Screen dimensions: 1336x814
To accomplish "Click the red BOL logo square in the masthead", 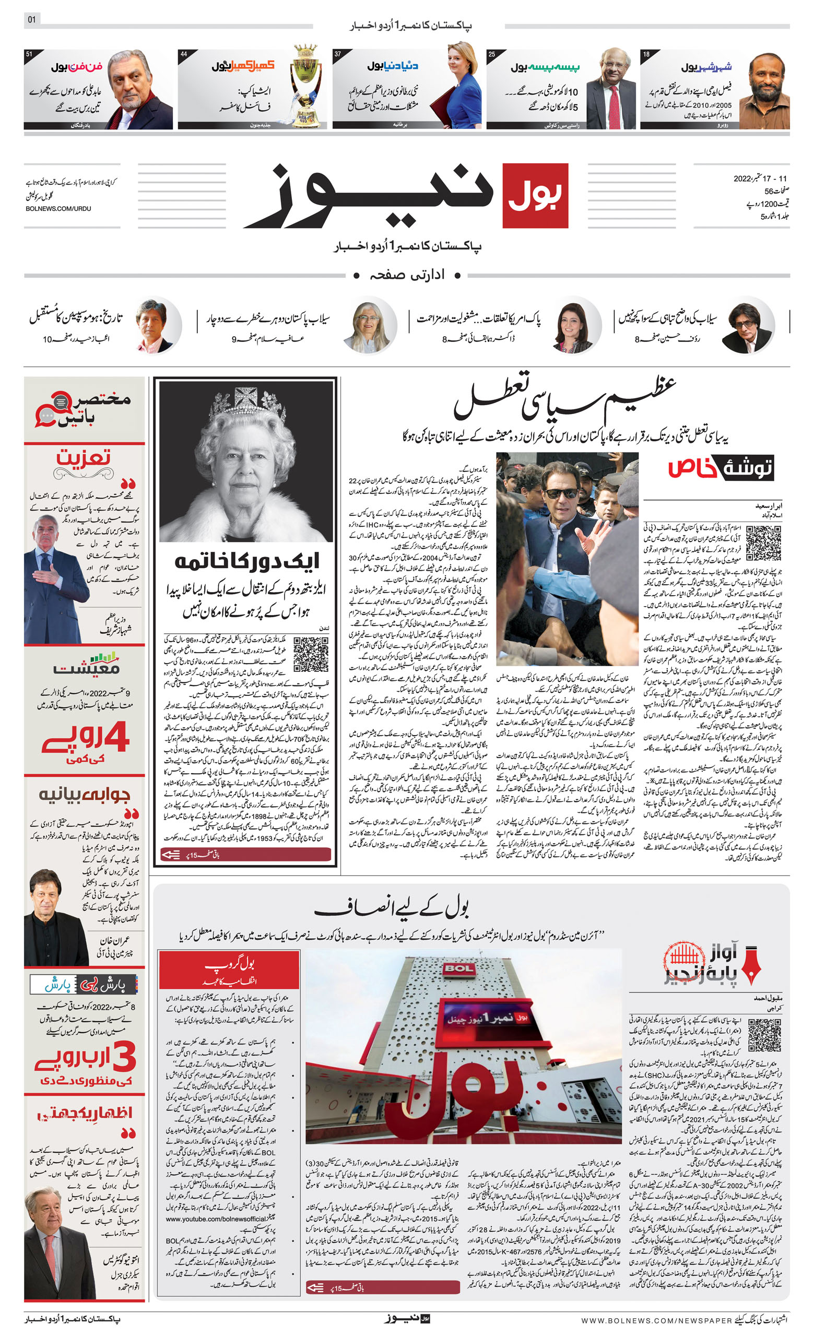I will click(x=535, y=195).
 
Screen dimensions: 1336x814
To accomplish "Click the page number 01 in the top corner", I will click(x=32, y=19).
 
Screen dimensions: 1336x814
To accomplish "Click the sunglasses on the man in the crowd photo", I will click(x=561, y=493).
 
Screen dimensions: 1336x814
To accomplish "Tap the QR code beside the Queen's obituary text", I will click(x=311, y=655).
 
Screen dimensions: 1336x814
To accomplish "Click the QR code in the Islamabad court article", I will click(x=763, y=543).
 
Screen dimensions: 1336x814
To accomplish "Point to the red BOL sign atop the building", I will click(x=459, y=969).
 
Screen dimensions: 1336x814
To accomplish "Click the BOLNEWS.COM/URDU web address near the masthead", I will click(x=58, y=209).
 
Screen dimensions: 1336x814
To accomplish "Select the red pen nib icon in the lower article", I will click(x=752, y=965).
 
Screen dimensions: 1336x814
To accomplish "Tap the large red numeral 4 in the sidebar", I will click(x=116, y=737).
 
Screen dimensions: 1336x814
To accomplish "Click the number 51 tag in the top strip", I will click(x=29, y=54).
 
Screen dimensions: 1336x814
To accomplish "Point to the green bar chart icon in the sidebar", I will click(x=103, y=658).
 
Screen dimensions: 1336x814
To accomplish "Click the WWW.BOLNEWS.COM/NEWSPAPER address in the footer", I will click(x=656, y=1320).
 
